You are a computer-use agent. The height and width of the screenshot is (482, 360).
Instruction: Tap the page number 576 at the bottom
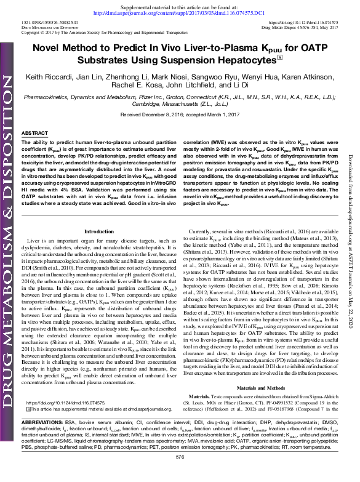click(180, 475)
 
